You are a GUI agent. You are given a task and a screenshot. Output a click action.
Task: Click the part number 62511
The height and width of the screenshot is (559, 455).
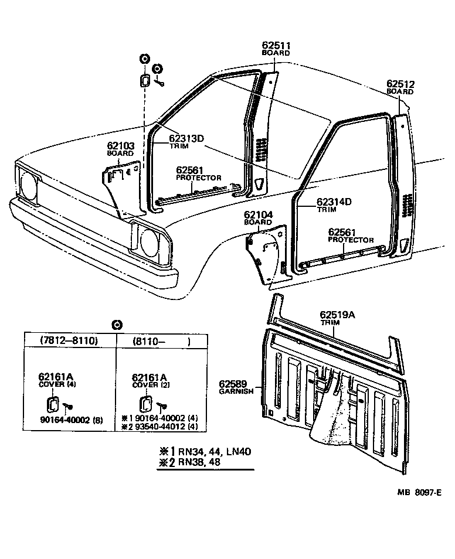(x=277, y=46)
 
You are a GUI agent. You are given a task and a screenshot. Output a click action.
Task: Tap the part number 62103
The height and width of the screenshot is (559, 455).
(x=120, y=146)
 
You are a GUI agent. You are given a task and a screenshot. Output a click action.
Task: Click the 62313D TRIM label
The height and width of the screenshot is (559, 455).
(x=186, y=142)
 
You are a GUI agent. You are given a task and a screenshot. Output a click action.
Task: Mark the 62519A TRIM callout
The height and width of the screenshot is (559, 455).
(x=337, y=318)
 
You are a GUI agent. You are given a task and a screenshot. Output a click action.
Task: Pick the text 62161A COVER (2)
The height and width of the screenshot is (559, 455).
(x=149, y=381)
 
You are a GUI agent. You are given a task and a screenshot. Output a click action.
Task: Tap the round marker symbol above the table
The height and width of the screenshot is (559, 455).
(x=116, y=325)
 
